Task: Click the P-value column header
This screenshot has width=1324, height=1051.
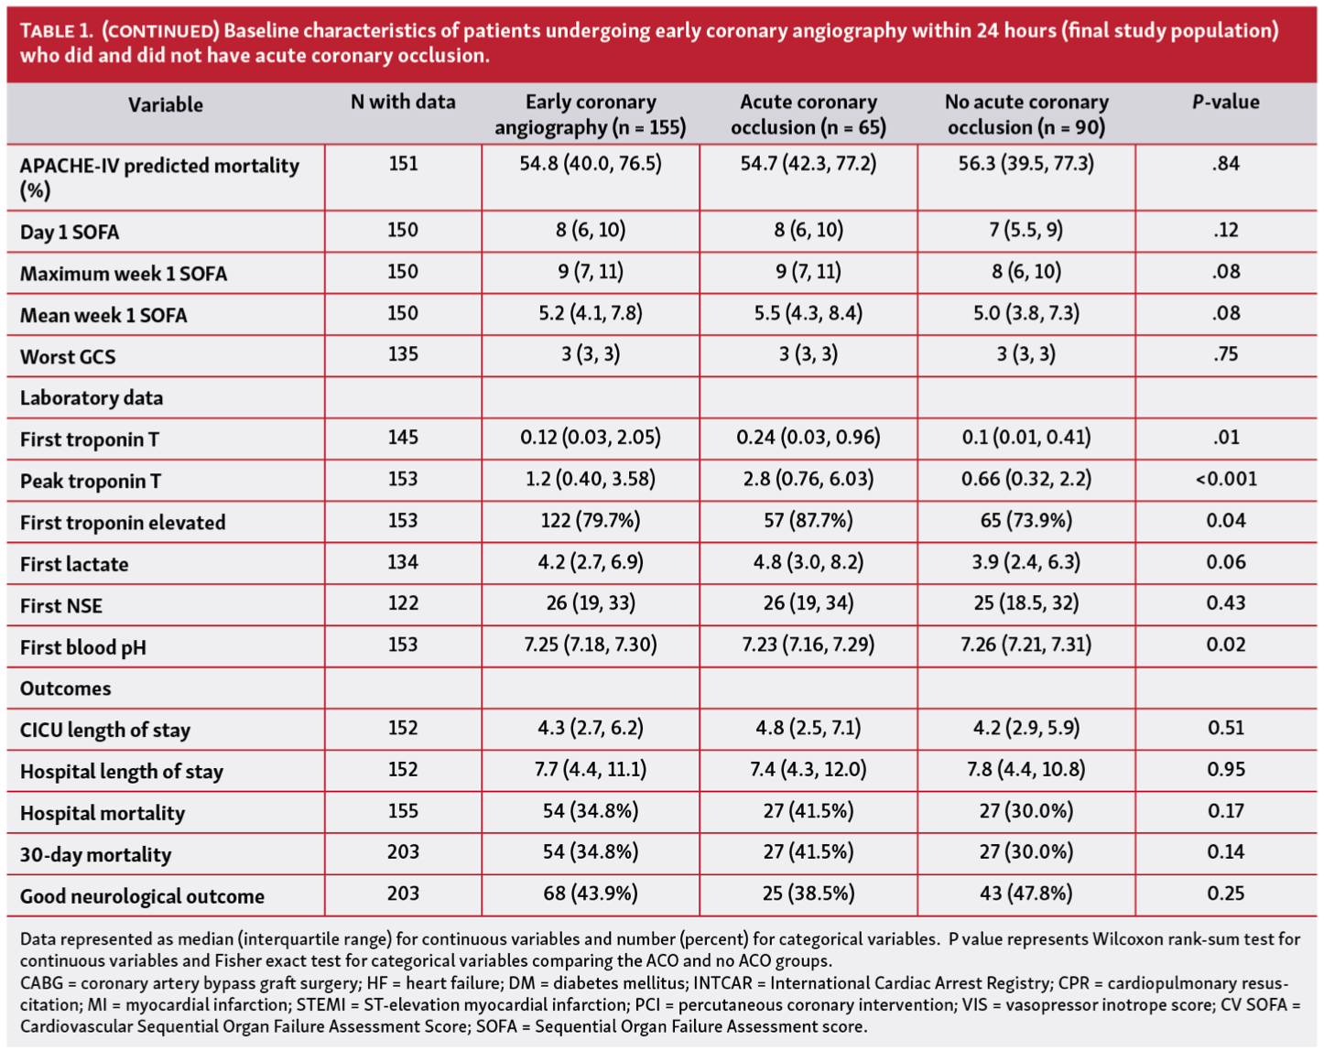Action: point(1225,103)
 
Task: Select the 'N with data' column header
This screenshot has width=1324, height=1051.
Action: point(403,103)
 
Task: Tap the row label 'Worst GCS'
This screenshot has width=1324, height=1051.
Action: point(68,357)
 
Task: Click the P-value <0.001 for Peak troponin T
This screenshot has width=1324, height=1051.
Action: point(1225,479)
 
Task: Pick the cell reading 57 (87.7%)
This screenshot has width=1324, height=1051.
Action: point(808,521)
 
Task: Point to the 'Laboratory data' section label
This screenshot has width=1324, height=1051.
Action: point(92,398)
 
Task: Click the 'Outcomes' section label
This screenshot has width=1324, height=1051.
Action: point(65,688)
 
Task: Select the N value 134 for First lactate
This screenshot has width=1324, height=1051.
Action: point(403,562)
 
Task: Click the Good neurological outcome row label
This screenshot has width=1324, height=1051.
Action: point(142,896)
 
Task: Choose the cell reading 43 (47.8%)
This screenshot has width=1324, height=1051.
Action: point(1026,893)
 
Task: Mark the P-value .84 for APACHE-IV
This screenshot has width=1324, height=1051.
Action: point(1225,164)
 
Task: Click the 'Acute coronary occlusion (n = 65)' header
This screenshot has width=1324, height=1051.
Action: point(808,114)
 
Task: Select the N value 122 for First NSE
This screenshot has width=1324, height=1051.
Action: point(403,603)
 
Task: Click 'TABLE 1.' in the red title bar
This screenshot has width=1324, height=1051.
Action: point(57,31)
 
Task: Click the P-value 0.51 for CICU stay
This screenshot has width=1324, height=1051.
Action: point(1225,728)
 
